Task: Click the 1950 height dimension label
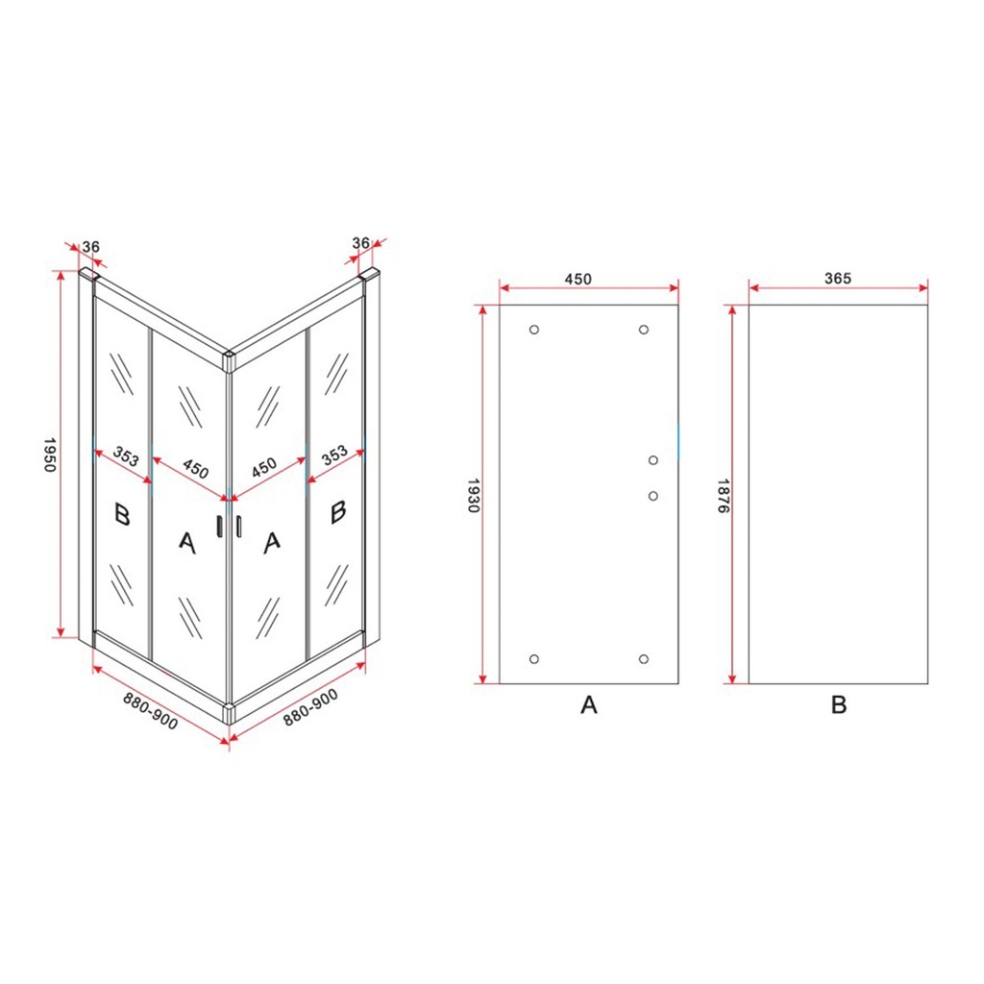pos(51,455)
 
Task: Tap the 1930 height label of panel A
pos(474,495)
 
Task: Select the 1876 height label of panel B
pos(723,495)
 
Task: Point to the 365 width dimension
pos(838,278)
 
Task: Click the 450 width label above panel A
pos(578,279)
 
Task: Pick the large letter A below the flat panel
pos(589,704)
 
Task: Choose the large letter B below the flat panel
pos(838,704)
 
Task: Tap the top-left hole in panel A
pos(534,330)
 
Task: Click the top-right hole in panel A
pos(643,330)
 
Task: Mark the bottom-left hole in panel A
pos(534,659)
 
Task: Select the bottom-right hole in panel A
pos(643,659)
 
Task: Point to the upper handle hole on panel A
pos(653,460)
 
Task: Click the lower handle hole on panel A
pos(653,497)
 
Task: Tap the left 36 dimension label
pos(91,247)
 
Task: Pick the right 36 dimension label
pos(361,243)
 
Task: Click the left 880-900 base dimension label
pos(151,711)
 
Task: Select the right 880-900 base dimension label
pos(310,707)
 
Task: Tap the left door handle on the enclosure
pos(219,527)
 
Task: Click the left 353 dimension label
pos(126,456)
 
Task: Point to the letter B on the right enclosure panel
pos(338,511)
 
